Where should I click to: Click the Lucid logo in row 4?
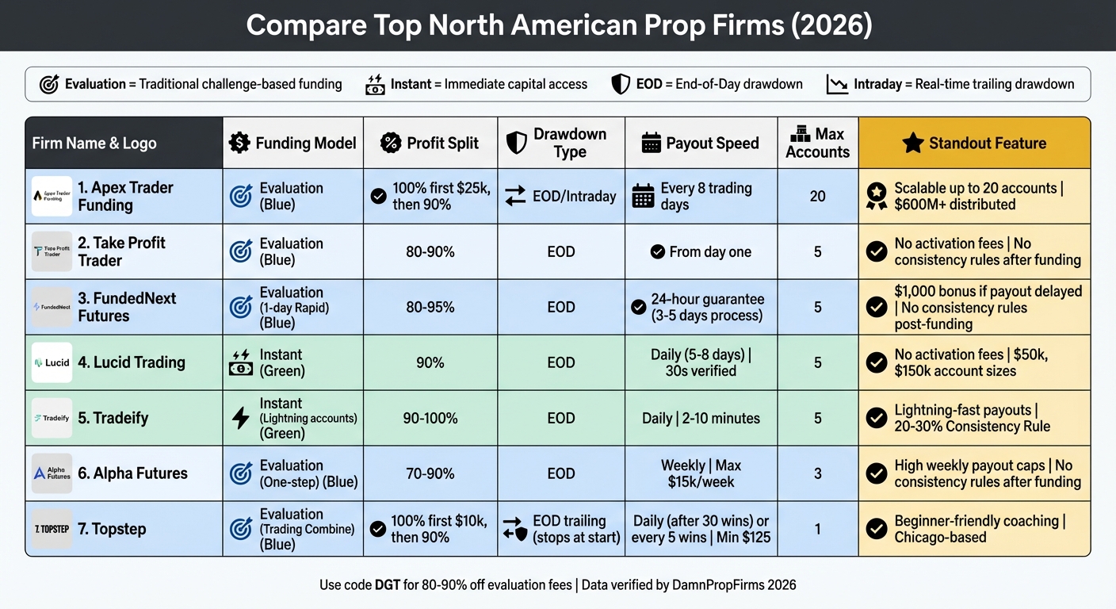(52, 362)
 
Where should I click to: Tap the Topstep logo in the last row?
(52, 529)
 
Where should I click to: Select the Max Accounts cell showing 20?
(817, 196)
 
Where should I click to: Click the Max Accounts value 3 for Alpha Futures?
(817, 473)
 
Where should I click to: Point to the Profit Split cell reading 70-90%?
(430, 473)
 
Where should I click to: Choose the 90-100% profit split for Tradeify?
(430, 418)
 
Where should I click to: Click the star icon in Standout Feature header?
(913, 143)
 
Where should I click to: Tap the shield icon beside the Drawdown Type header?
(516, 143)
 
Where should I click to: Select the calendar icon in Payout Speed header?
(651, 143)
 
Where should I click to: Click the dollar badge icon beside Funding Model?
(239, 143)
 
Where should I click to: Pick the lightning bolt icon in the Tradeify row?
(240, 418)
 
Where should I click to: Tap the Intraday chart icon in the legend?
(837, 84)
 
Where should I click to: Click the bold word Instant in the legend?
(411, 84)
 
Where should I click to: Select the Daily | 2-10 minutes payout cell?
(701, 418)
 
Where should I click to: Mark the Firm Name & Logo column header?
(94, 144)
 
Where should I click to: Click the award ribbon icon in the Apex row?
(876, 196)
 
